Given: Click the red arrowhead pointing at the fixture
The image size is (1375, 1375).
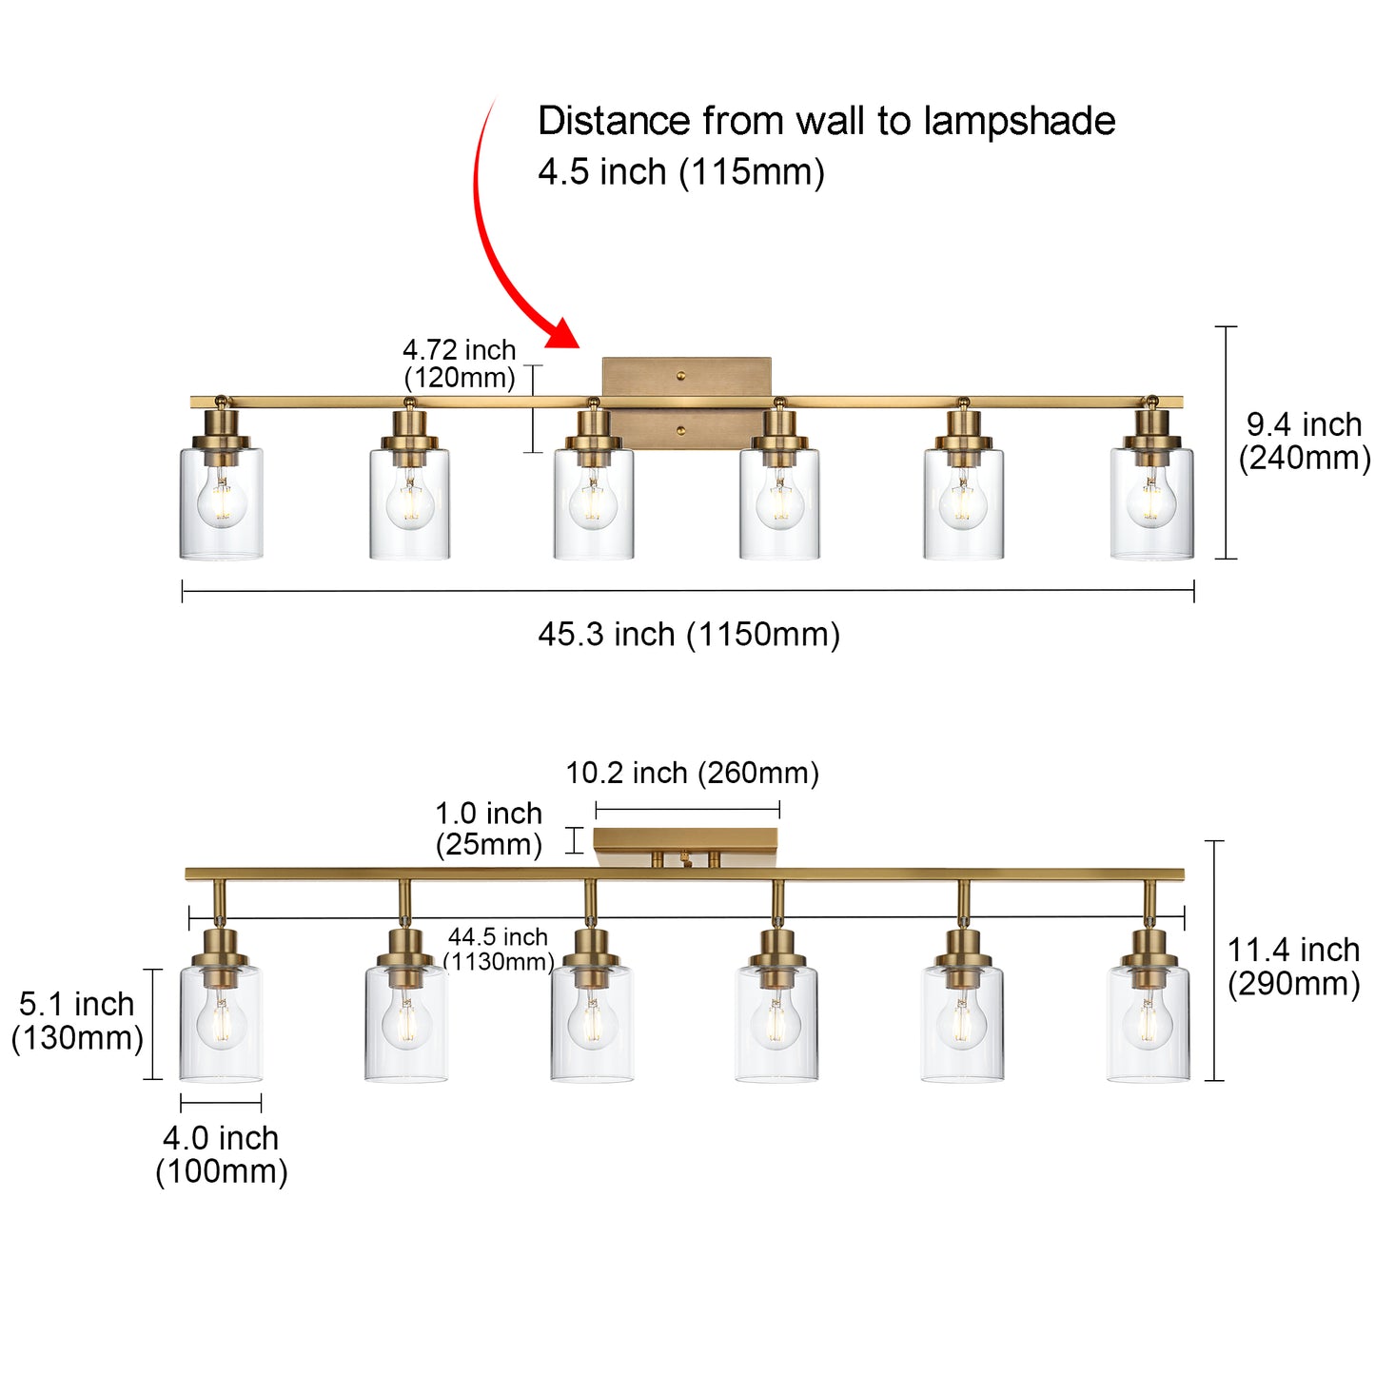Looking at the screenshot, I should tap(563, 334).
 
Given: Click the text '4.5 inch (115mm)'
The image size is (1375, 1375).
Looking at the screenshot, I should tap(680, 172).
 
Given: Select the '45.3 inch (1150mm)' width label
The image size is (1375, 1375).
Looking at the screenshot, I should tap(688, 634).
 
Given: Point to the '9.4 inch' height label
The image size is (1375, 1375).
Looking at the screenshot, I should tap(1304, 424).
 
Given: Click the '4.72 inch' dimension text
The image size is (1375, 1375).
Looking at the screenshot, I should tap(459, 350).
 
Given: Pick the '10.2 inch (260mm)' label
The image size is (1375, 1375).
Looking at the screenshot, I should tap(692, 773).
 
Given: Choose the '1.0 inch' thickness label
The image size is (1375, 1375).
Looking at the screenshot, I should tap(488, 814).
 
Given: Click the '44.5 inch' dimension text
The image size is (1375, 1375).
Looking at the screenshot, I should tap(498, 937).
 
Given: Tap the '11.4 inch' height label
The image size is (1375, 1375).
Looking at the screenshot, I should tap(1293, 950).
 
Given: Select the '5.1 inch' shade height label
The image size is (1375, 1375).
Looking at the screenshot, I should tap(77, 1004).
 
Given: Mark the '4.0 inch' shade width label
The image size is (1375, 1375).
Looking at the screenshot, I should tap(221, 1138).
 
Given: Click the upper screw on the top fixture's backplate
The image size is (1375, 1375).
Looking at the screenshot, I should tap(680, 376).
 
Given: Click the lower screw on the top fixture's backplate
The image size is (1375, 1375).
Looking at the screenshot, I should tap(680, 431).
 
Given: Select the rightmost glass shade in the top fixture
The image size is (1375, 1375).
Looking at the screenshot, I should tap(1151, 504).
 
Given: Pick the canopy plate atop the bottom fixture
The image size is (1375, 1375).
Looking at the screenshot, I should tap(685, 841).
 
